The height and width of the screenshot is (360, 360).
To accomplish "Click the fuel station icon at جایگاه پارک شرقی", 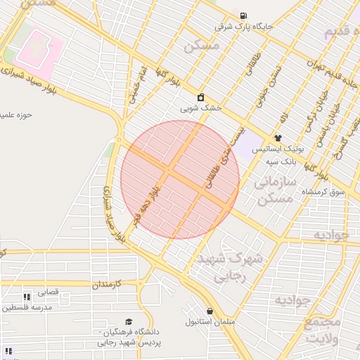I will (x=243, y=16).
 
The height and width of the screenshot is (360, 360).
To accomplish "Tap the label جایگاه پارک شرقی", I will (x=243, y=27).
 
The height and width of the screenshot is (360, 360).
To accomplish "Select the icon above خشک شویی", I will (x=200, y=98).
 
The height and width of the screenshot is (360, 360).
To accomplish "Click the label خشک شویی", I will (x=200, y=108).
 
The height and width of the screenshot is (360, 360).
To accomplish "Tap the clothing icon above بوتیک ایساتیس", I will (x=278, y=138).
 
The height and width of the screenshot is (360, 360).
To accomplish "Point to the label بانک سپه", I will (x=280, y=161).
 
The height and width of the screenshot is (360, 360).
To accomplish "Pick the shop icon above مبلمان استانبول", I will (x=210, y=311).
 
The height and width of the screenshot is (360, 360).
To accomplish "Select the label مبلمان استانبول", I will (x=209, y=322).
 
